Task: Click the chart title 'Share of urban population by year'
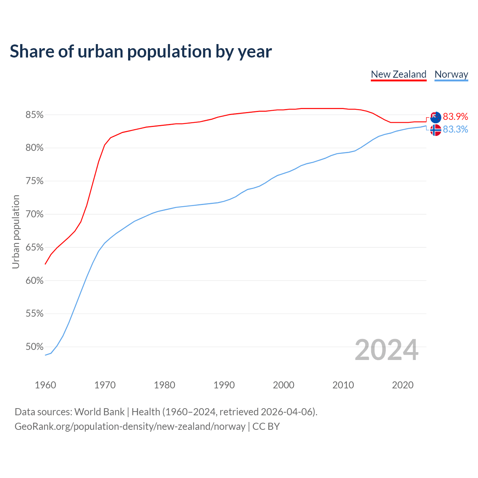(x=141, y=52)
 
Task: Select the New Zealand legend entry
(x=398, y=74)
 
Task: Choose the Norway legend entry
(x=451, y=74)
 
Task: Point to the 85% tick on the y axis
(x=34, y=115)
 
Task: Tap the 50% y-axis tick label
(x=34, y=347)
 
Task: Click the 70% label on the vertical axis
(x=34, y=214)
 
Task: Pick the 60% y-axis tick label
(x=34, y=281)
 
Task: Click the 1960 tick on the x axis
(x=45, y=385)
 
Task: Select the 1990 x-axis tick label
(x=224, y=385)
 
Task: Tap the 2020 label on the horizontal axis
(x=403, y=385)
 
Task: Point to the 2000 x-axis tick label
(x=283, y=385)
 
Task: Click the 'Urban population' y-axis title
(x=16, y=232)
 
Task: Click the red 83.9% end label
(x=455, y=117)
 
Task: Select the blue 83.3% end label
(x=455, y=130)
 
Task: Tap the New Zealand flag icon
(x=436, y=117)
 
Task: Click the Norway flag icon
(x=436, y=130)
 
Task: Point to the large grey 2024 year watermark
(x=387, y=350)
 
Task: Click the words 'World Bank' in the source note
(x=99, y=412)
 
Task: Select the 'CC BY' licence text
(x=266, y=426)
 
